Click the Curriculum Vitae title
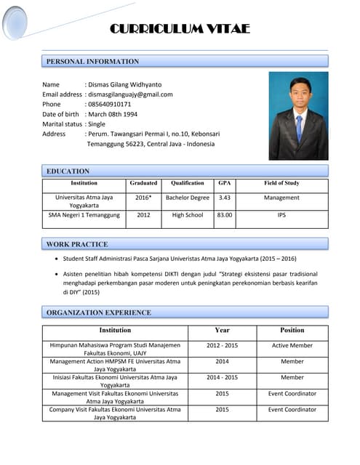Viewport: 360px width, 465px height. pyautogui.click(x=180, y=29)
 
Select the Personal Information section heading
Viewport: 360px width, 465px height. pyautogui.click(x=92, y=62)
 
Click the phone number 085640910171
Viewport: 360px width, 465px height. pyautogui.click(x=110, y=105)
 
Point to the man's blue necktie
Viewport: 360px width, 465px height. pyautogui.click(x=299, y=126)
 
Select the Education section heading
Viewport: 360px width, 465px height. pyautogui.click(x=68, y=171)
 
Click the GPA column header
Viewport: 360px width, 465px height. pyautogui.click(x=225, y=184)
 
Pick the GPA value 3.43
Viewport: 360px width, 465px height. pyautogui.click(x=225, y=198)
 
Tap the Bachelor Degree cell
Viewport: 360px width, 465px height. pyautogui.click(x=188, y=198)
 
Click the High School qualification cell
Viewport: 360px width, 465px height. pyautogui.click(x=188, y=215)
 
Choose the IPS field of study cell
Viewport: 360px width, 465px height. pyautogui.click(x=281, y=215)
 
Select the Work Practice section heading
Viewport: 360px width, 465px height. pyautogui.click(x=77, y=244)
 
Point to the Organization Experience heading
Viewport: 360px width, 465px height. pyautogui.click(x=99, y=313)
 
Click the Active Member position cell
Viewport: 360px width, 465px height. pyautogui.click(x=292, y=346)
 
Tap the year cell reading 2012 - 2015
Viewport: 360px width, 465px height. pyautogui.click(x=222, y=346)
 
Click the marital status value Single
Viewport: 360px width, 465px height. pyautogui.click(x=97, y=124)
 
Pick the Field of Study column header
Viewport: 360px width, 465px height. pyautogui.click(x=281, y=184)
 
